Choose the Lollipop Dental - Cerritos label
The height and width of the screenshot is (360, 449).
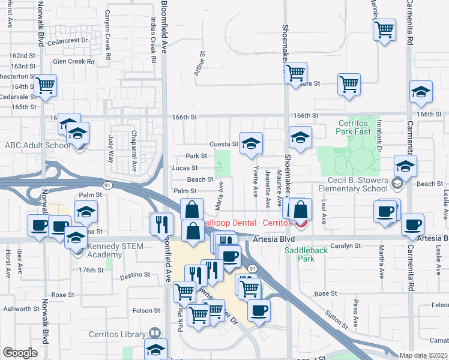coord(246,223)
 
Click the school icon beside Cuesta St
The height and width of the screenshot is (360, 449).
coord(252,143)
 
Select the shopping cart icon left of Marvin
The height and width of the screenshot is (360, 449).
coord(384,28)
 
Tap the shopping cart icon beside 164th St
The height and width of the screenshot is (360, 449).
coord(45,85)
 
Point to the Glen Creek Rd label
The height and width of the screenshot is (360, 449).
coord(74,61)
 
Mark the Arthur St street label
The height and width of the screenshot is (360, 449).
coord(202,62)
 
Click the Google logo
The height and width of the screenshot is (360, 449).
coord(20,353)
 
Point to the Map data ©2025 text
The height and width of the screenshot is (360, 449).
coord(423,355)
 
